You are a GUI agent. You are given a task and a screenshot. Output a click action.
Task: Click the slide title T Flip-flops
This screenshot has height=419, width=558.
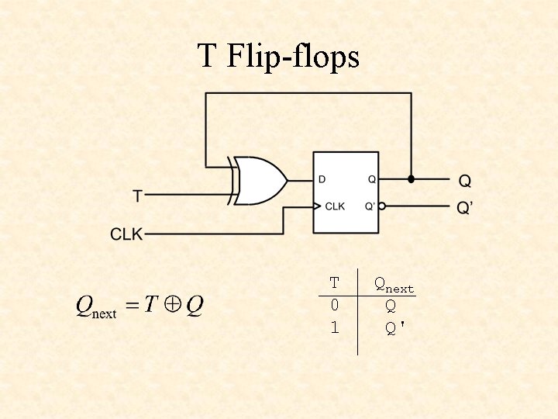click(278, 57)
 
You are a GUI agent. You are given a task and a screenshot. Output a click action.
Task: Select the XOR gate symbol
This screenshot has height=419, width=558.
click(260, 181)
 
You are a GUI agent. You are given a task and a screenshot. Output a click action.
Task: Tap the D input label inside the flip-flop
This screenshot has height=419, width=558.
click(322, 179)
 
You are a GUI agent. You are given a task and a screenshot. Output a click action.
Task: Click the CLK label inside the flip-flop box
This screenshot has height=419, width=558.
click(335, 206)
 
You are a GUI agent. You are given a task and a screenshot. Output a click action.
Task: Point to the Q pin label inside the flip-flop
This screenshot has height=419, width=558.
click(372, 179)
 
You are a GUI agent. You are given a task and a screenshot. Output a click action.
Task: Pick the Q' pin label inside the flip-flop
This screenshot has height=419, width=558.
click(371, 206)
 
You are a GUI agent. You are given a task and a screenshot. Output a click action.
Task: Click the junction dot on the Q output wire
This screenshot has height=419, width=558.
click(411, 179)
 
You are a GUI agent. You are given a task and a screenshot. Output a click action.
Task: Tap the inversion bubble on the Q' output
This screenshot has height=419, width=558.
click(383, 206)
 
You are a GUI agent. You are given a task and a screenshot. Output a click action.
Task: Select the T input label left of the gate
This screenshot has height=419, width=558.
click(138, 196)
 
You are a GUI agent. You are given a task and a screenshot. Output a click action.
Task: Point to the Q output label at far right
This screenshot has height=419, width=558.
click(465, 182)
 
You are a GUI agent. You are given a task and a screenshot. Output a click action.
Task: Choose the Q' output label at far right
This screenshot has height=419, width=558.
click(467, 209)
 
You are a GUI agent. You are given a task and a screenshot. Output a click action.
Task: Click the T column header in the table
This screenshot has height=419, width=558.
click(334, 283)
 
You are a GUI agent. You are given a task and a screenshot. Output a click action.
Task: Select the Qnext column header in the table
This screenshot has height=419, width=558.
click(394, 285)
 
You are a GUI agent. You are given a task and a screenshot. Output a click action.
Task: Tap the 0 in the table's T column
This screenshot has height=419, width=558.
click(334, 306)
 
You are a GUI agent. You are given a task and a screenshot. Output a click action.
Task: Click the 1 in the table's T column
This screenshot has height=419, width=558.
click(334, 328)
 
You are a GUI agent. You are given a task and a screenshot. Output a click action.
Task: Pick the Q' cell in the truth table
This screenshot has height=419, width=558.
click(395, 328)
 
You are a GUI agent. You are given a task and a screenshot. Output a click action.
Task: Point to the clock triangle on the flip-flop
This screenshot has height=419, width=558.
click(316, 206)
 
